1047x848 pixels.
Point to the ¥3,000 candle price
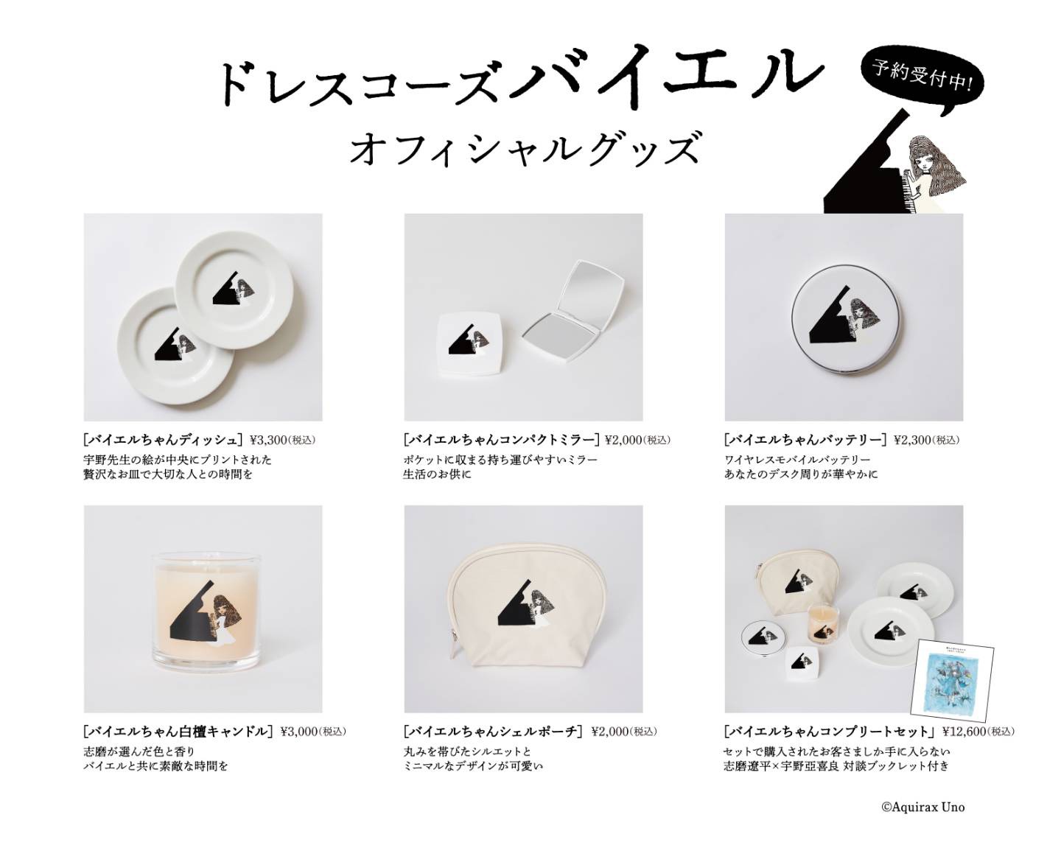point(299,731)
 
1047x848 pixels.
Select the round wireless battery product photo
point(843,329)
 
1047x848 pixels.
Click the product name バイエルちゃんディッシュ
point(163,439)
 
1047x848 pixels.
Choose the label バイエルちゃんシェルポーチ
point(493,731)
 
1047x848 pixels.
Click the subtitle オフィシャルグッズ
point(523,147)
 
